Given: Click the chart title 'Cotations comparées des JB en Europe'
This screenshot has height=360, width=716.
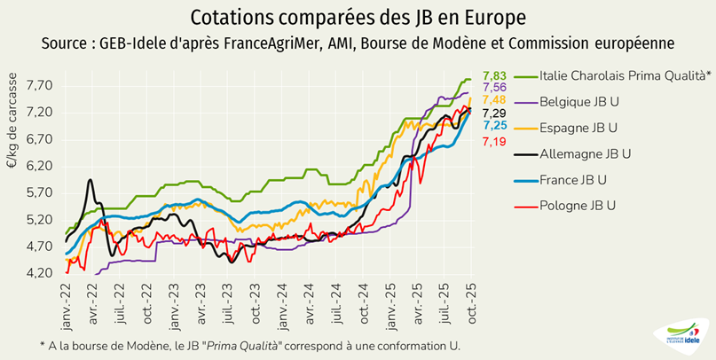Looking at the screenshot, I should (357, 17).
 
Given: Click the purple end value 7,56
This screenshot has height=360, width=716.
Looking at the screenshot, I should (494, 87).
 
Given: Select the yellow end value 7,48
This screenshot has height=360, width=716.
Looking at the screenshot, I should (494, 100).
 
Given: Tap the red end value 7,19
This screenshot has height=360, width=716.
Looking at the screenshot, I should (494, 141).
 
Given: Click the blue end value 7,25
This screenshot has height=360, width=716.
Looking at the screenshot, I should (494, 126).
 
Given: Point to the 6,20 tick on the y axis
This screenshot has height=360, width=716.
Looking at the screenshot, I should (41, 166).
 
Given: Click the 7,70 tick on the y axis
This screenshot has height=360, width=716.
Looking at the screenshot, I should (41, 86).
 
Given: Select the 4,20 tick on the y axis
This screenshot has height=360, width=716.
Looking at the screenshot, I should (41, 273).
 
